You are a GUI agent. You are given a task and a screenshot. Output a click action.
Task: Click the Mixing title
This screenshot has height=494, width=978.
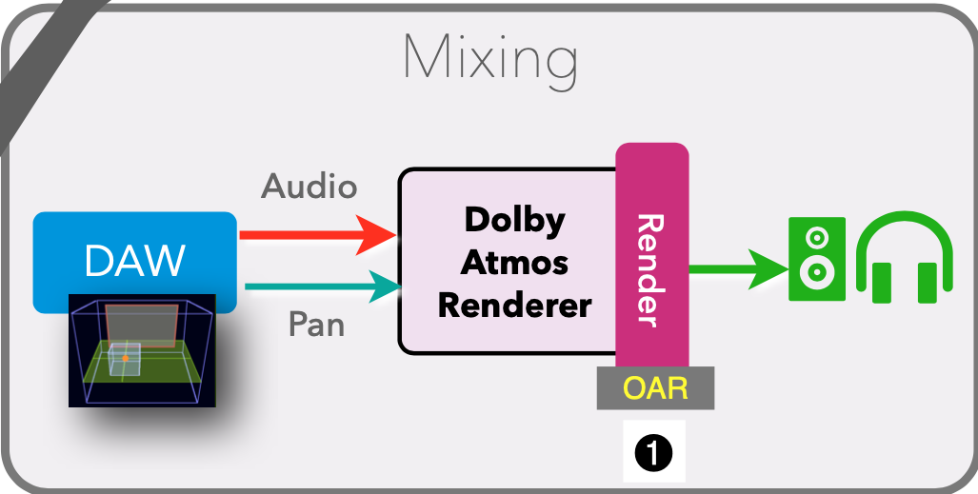(x=489, y=59)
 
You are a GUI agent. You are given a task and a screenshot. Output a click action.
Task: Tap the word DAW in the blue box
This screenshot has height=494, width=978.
(x=134, y=261)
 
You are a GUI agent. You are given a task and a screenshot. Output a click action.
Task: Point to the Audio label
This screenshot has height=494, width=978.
(x=309, y=187)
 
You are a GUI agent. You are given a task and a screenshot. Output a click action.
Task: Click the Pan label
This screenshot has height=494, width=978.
(x=316, y=326)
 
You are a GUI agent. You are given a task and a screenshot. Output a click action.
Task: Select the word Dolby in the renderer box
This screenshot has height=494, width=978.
(x=514, y=220)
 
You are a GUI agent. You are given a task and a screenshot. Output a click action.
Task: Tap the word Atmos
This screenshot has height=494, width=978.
(x=514, y=263)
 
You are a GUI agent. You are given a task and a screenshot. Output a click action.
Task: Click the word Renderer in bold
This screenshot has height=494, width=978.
(x=514, y=306)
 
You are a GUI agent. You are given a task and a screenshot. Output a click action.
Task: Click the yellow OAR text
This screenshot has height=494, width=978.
(x=655, y=388)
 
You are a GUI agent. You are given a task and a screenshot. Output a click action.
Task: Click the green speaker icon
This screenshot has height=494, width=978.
(x=816, y=259)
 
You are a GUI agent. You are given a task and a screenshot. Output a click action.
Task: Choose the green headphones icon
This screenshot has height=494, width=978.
(x=904, y=259)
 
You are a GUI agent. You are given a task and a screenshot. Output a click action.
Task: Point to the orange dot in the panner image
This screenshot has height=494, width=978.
(x=125, y=358)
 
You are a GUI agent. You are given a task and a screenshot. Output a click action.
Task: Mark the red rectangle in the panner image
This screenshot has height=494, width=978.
(x=140, y=326)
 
